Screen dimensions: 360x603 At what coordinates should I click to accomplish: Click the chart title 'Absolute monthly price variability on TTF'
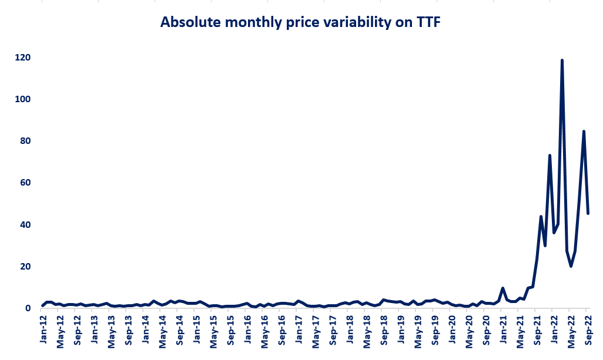point(301,22)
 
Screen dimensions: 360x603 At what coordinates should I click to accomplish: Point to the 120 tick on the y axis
point(23,58)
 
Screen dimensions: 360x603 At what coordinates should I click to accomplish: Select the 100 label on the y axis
point(23,99)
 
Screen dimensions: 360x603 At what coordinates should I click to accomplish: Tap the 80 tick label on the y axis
point(25,141)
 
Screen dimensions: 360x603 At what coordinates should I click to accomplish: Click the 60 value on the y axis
point(25,183)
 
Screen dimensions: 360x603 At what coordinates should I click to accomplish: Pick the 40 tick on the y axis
point(25,225)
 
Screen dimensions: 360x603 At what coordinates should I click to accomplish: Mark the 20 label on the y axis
point(25,267)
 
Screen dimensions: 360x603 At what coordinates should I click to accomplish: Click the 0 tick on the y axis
point(28,308)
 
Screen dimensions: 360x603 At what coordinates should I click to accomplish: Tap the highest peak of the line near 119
point(562,60)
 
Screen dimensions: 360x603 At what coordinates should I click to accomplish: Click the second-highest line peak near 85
point(584,131)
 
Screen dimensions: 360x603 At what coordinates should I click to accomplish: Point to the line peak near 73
point(550,155)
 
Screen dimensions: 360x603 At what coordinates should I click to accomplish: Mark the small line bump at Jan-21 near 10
point(503,288)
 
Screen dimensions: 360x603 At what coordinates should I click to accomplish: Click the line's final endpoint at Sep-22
point(588,213)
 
